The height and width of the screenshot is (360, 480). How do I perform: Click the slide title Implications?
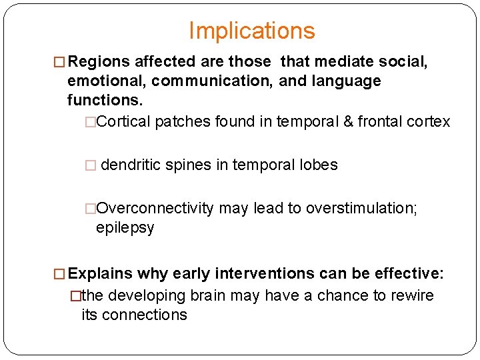(251, 31)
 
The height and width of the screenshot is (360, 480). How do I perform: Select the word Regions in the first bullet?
(99, 62)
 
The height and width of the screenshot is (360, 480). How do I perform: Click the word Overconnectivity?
(155, 208)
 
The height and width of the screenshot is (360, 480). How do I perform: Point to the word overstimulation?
(359, 208)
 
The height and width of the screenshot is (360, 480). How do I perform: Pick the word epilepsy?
(125, 228)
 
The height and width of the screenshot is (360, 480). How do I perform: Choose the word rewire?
(411, 295)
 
